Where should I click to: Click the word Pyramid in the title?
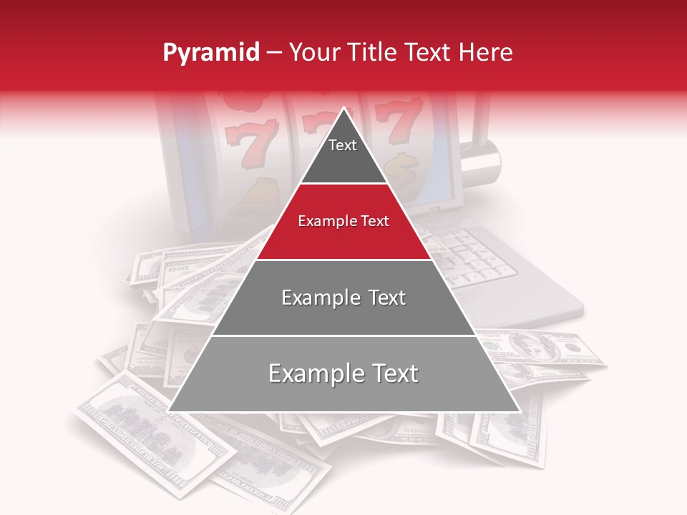pos(211,53)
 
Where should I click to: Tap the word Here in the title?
pos(486,53)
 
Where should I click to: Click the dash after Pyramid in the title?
pos(273,53)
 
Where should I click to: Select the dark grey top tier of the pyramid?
pos(343,154)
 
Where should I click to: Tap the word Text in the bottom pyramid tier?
pos(389,373)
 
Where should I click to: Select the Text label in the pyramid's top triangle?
pos(343,145)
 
